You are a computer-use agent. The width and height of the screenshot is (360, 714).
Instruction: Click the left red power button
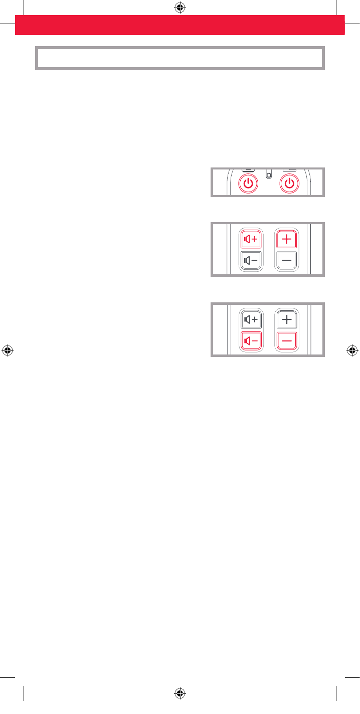pos(248,184)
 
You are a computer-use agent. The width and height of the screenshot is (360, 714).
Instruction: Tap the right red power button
pos(289,184)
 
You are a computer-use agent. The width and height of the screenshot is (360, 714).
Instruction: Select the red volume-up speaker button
pos(251,239)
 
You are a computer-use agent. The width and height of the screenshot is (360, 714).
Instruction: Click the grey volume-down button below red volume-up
pos(251,260)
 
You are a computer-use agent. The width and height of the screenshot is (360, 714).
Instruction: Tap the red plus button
pos(287,239)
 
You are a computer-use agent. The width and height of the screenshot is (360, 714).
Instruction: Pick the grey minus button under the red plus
pos(287,260)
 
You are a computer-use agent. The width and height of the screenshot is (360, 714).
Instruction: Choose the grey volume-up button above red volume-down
pos(251,319)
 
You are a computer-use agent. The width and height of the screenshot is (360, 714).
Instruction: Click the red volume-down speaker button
pos(251,340)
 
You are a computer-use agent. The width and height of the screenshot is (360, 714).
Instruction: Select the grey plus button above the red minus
pos(287,319)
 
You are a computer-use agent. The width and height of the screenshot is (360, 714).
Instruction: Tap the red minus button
pos(287,340)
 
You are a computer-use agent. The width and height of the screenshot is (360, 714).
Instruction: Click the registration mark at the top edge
pos(180,8)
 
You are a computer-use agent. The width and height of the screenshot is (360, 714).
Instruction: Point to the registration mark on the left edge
pos(8,350)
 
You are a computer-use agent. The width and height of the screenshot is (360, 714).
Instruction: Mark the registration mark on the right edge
pos(352,350)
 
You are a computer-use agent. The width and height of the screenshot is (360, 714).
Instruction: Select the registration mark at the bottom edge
pos(180,694)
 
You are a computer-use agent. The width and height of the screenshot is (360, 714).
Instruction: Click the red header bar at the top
pos(180,25)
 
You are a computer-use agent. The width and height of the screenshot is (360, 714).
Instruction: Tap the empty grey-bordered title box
pos(180,58)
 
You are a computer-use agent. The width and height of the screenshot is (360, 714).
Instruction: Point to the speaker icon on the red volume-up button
pos(247,239)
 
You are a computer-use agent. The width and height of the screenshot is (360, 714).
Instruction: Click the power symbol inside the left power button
pos(248,184)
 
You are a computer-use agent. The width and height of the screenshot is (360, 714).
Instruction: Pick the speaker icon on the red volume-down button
pos(247,340)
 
